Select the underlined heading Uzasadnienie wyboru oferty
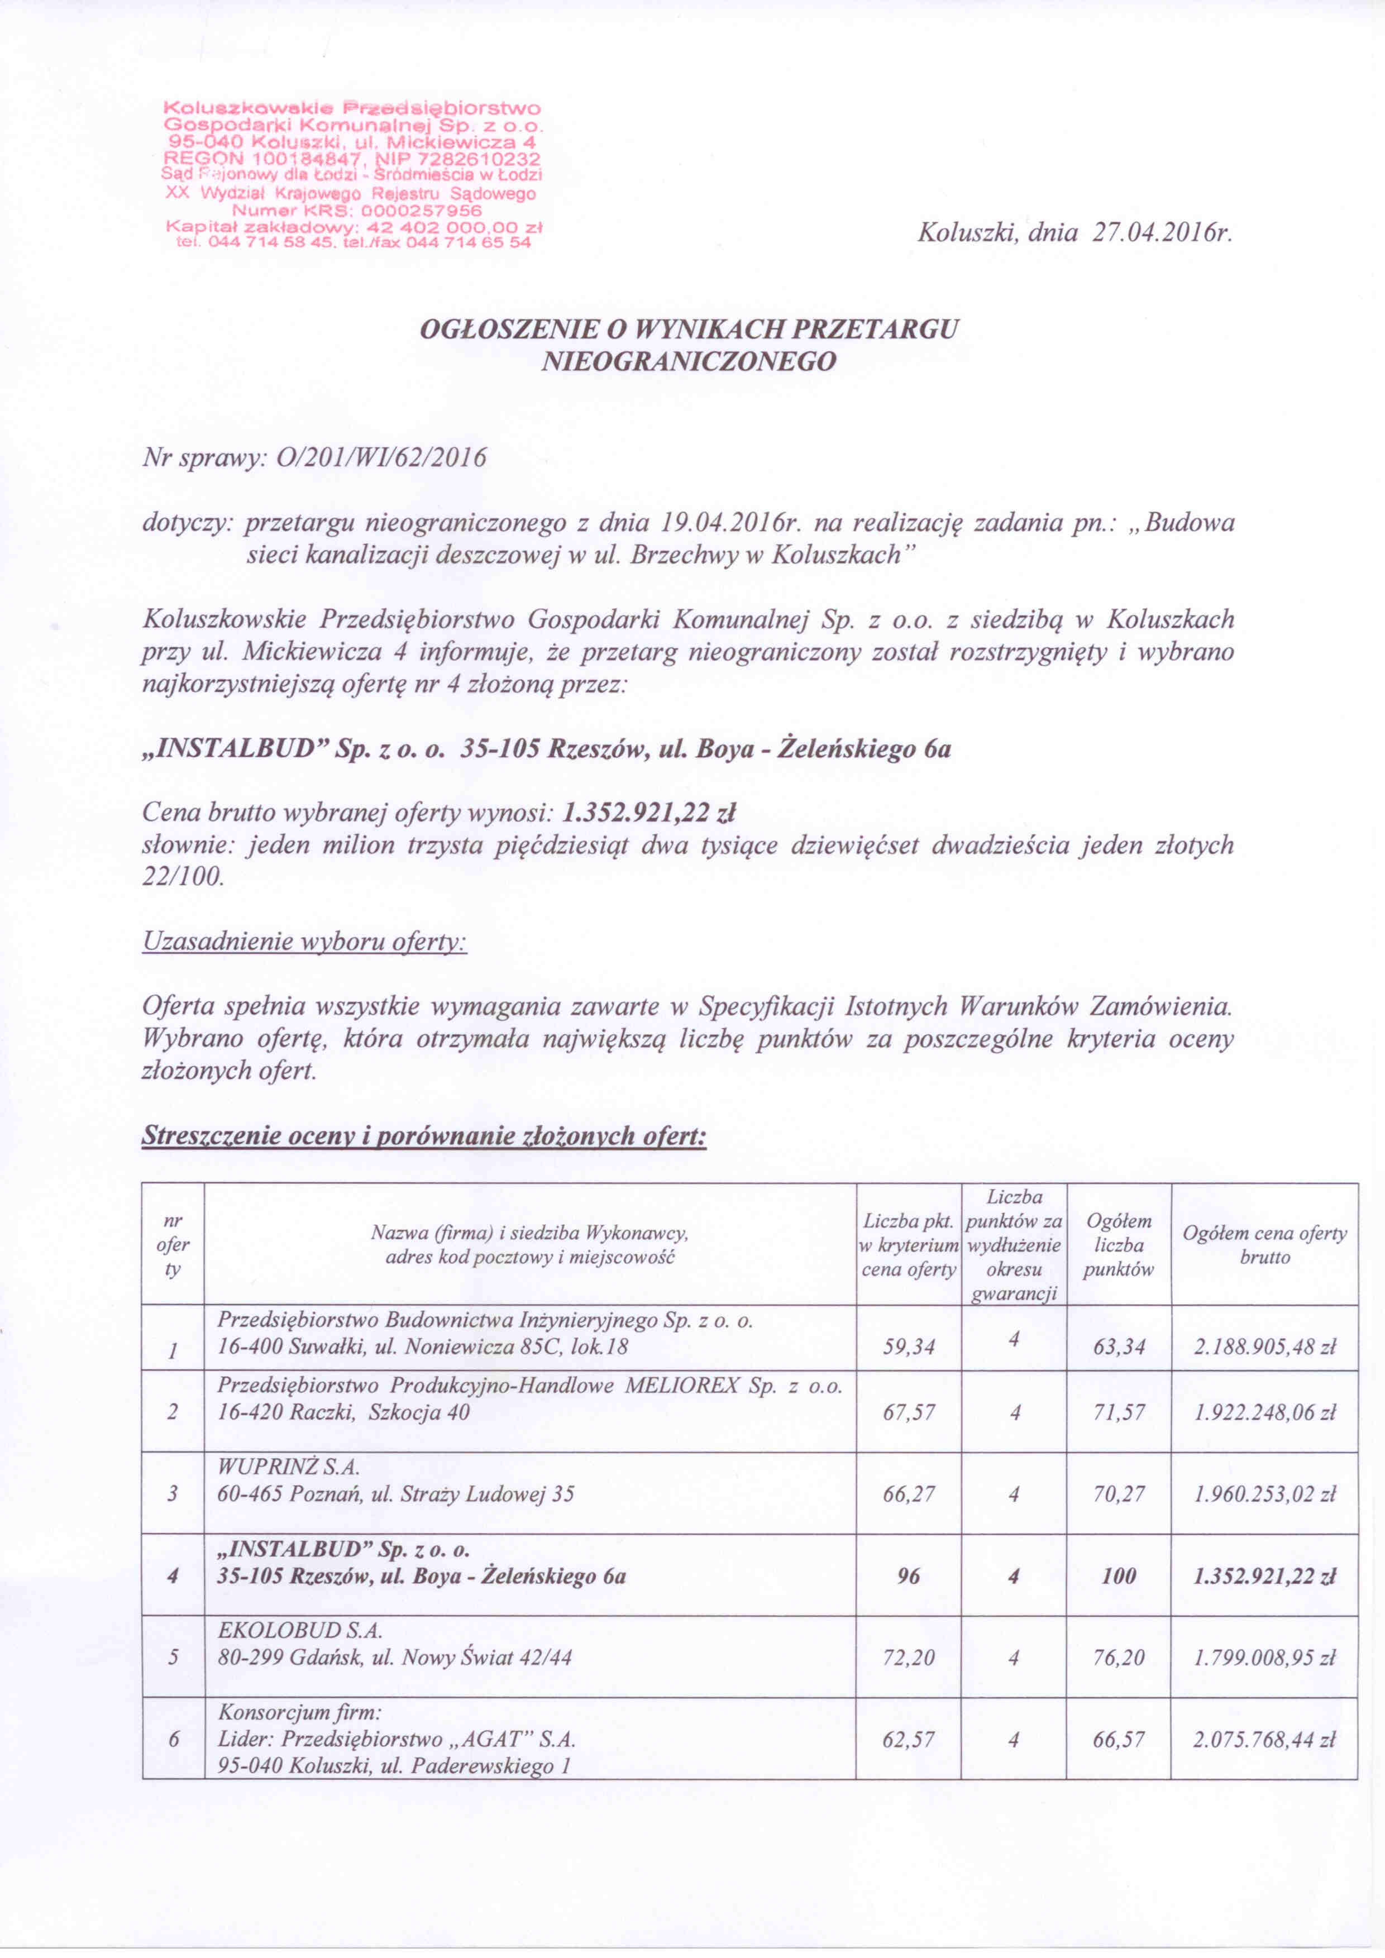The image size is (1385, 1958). tap(304, 942)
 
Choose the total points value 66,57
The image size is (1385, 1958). tap(1118, 1740)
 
